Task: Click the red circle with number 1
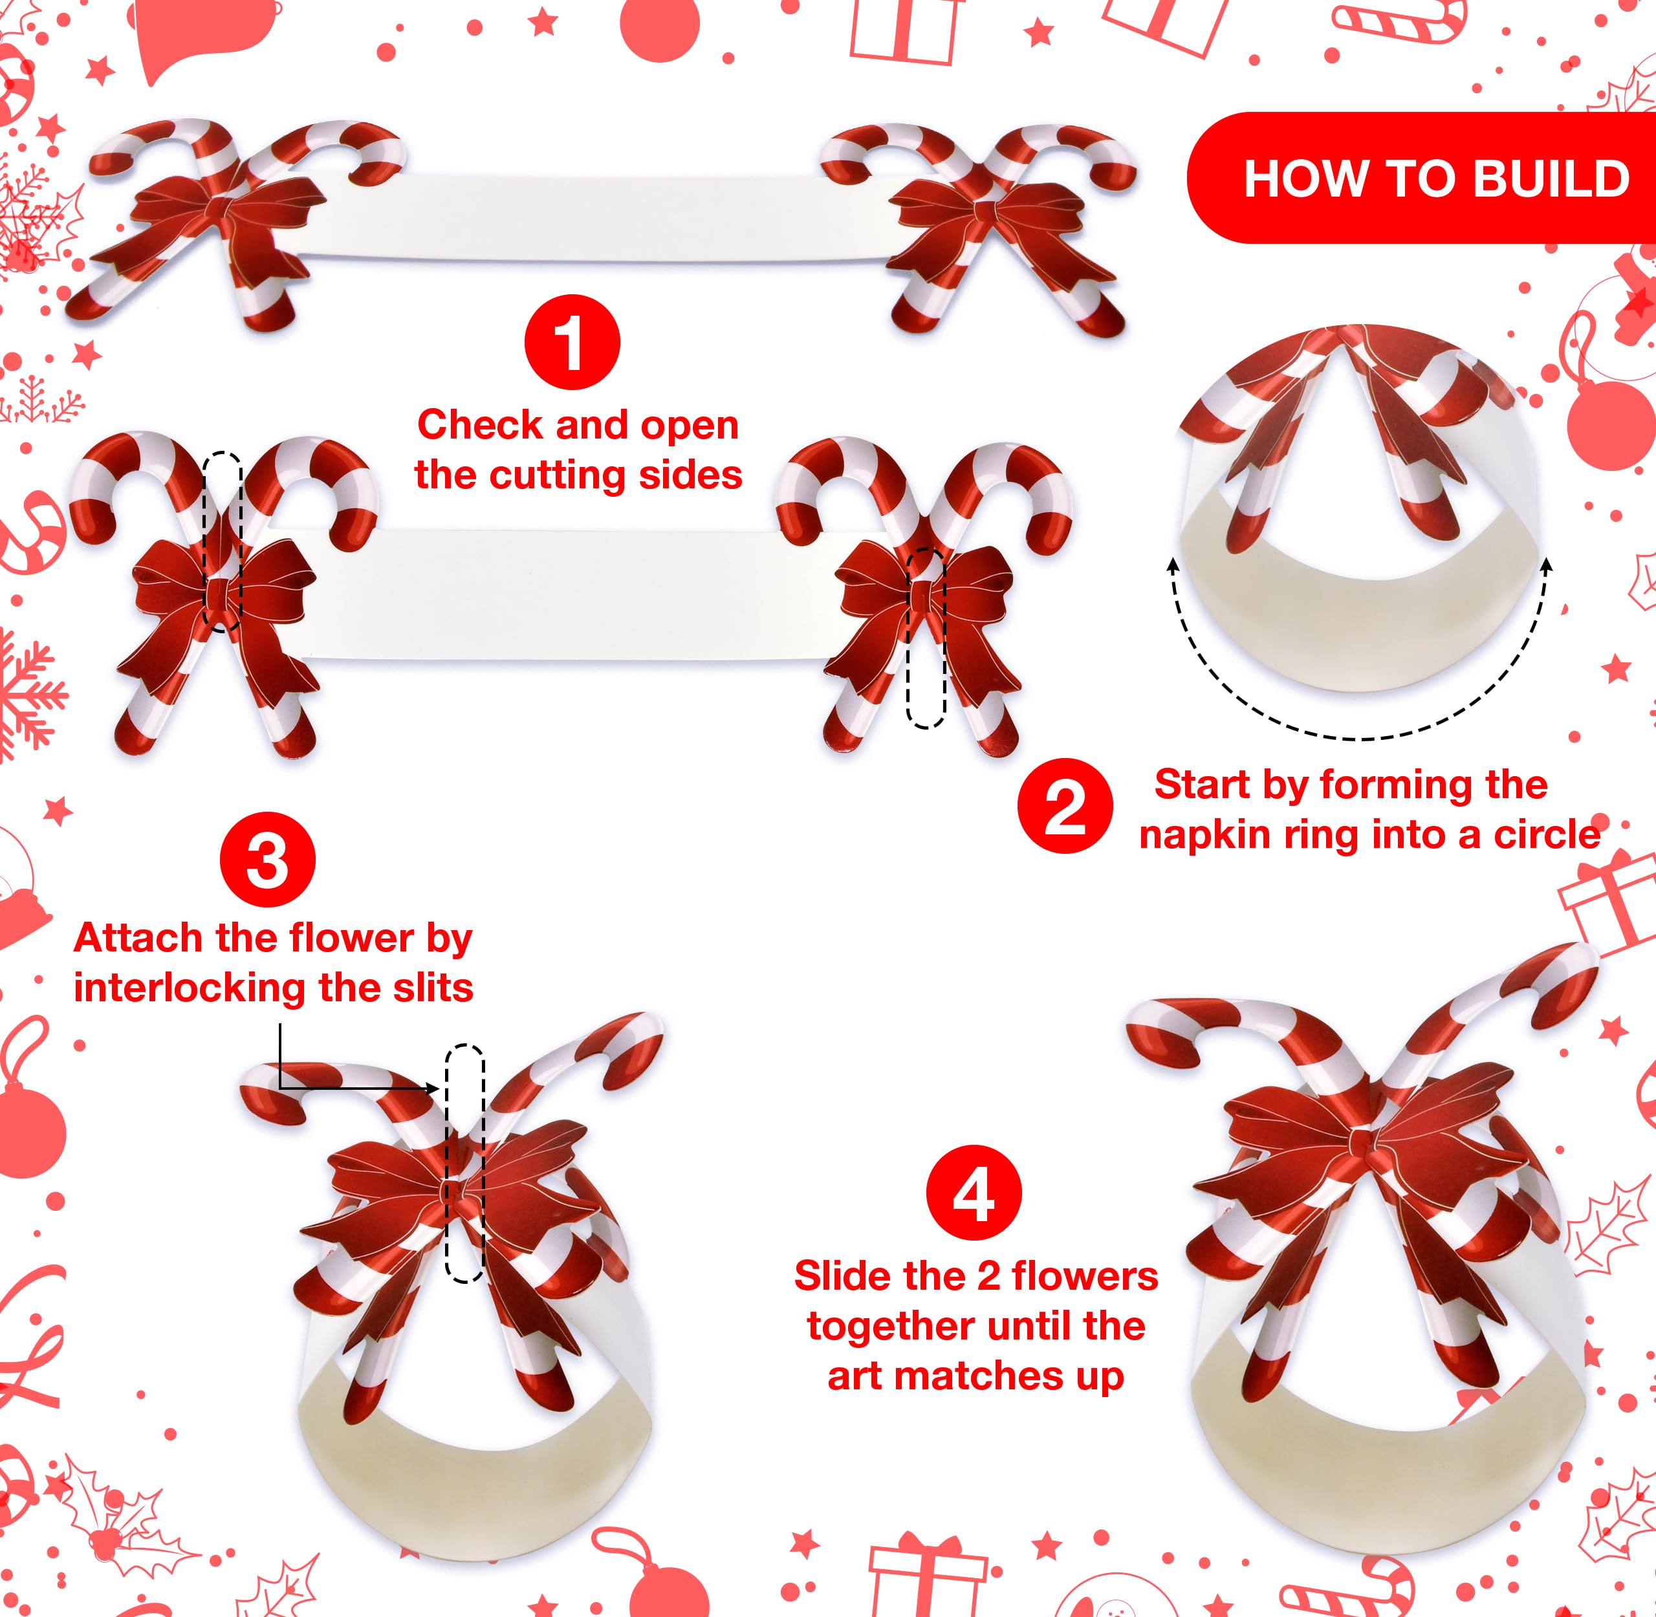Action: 572,342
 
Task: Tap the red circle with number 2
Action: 1065,806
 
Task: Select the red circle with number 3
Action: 268,861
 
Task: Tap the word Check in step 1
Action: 480,425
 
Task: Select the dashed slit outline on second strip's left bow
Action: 223,540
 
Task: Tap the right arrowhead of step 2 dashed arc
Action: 1545,562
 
